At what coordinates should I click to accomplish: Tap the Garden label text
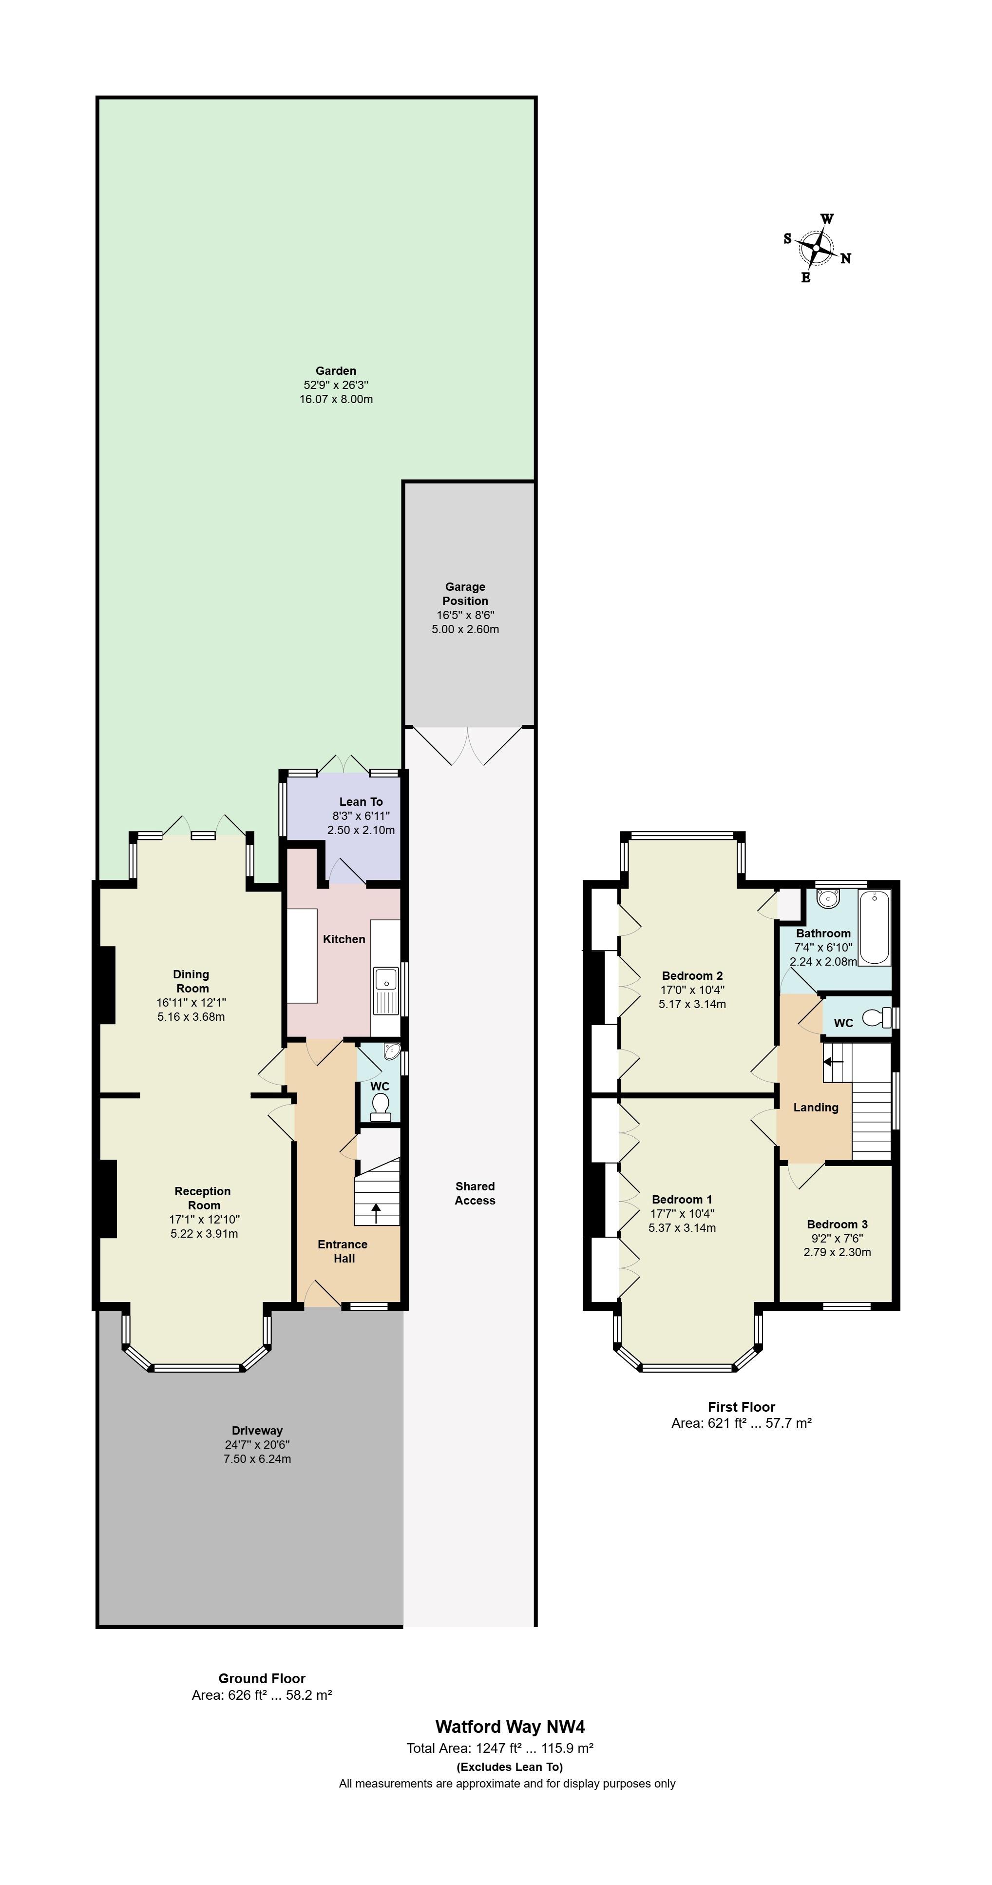[336, 371]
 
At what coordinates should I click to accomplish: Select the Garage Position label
[465, 593]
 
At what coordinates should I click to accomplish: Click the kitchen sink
[385, 990]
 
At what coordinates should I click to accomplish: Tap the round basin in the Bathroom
[828, 898]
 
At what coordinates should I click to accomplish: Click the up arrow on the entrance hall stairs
[377, 1212]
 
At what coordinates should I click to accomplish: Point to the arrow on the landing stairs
[834, 1062]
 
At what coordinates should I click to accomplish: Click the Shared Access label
[475, 1193]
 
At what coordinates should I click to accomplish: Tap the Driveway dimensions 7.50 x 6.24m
[258, 1458]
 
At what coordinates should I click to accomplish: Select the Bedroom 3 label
[837, 1224]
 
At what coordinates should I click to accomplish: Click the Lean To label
[361, 801]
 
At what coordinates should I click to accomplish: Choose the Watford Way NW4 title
[510, 1727]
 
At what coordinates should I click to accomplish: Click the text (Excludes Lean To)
[510, 1767]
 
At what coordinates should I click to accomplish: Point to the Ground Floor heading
[262, 1678]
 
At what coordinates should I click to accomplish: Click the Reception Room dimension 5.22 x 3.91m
[204, 1233]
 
